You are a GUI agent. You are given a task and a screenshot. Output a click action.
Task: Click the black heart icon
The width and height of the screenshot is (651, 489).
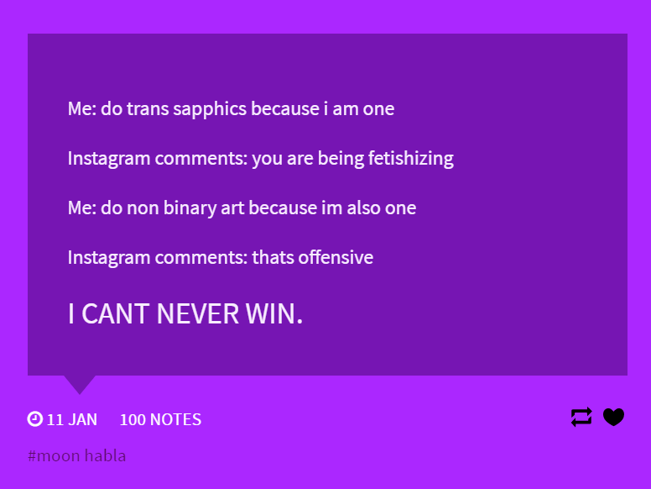click(x=613, y=417)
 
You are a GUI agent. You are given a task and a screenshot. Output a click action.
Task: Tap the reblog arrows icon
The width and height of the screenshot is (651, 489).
click(x=581, y=417)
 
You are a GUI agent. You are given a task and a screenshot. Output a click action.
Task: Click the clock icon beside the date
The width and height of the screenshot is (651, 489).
click(x=35, y=418)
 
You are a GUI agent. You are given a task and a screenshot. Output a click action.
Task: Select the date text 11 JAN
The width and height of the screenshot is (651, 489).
click(x=72, y=419)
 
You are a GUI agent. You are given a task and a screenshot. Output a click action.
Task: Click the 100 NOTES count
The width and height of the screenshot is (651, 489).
click(x=160, y=419)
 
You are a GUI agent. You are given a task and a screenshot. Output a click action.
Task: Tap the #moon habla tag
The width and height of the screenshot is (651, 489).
click(x=77, y=455)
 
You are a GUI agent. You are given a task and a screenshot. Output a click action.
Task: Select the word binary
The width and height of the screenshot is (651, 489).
click(x=190, y=208)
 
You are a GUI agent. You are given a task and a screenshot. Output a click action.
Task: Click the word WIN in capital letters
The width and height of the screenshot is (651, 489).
click(x=274, y=313)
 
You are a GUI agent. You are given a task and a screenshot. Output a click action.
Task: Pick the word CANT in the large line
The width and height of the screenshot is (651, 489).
click(x=116, y=313)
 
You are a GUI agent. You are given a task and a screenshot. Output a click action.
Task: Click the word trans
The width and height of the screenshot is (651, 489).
click(x=148, y=109)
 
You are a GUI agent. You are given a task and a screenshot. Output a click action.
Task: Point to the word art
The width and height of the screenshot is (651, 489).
click(x=232, y=208)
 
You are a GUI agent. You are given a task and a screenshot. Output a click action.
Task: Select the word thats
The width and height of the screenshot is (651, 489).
click(x=273, y=257)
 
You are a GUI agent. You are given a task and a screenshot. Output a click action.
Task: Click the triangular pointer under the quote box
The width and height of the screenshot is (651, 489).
click(x=80, y=384)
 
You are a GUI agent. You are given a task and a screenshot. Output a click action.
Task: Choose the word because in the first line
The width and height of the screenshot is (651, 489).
click(x=285, y=109)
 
